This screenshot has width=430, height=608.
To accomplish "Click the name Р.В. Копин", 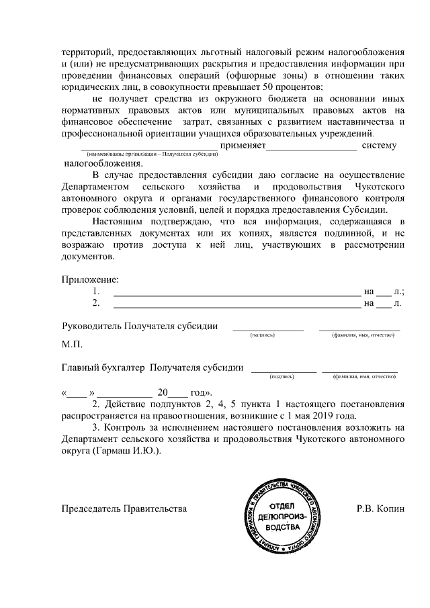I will tap(380, 509).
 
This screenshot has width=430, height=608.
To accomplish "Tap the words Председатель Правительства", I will tap(124, 509).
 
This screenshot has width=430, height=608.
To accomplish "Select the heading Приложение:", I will tap(90, 279).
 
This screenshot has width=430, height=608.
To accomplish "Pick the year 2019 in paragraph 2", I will tap(333, 416).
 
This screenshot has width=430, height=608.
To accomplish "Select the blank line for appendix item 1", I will tap(236, 292).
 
